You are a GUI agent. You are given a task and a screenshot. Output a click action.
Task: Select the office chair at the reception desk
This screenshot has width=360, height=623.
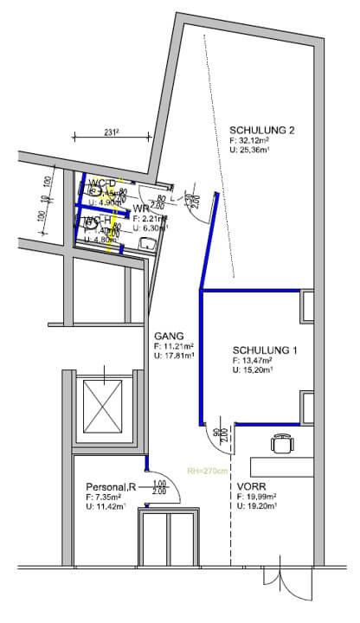[281, 444]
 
